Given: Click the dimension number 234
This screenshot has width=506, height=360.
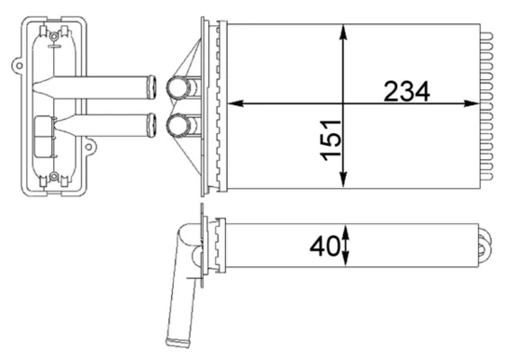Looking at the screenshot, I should [x=406, y=92].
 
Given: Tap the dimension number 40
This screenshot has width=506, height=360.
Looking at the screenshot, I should [x=321, y=246].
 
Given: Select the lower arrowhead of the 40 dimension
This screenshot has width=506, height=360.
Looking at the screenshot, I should [x=345, y=260].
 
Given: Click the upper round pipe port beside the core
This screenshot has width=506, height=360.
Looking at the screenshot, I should [x=177, y=89].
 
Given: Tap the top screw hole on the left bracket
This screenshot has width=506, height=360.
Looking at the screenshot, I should [x=54, y=36].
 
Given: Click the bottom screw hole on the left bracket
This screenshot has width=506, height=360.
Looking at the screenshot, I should [x=54, y=176].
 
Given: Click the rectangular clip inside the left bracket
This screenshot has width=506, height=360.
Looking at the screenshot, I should [x=41, y=136].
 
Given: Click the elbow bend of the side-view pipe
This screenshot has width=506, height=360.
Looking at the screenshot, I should [x=186, y=238].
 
